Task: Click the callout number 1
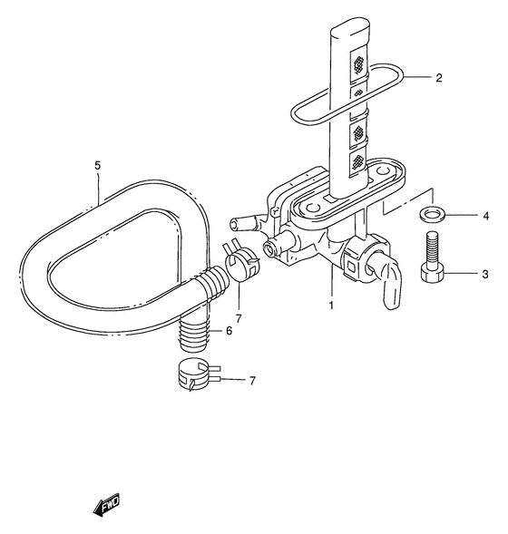click(x=331, y=306)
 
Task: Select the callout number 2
click(x=439, y=78)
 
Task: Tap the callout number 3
click(x=485, y=274)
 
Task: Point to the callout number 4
click(x=486, y=216)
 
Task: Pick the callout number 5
click(x=98, y=166)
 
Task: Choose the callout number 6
click(x=229, y=330)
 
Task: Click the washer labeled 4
click(x=431, y=215)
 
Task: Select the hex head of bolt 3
click(x=433, y=273)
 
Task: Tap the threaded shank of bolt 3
click(x=432, y=248)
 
